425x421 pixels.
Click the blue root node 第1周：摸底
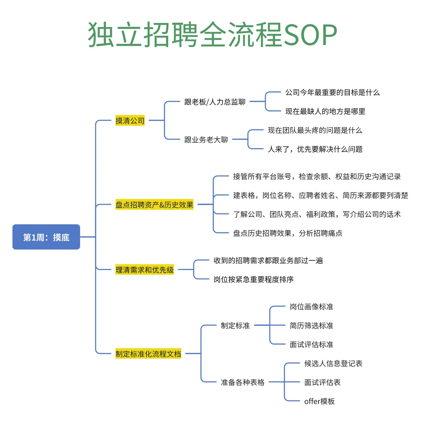pyautogui.click(x=46, y=237)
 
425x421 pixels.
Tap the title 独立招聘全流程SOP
pyautogui.click(x=212, y=35)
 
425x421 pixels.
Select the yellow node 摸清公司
pyautogui.click(x=130, y=120)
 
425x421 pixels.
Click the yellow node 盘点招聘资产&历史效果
pyautogui.click(x=154, y=204)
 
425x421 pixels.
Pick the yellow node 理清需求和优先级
pyautogui.click(x=145, y=269)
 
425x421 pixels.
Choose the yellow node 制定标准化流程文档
pyautogui.click(x=148, y=354)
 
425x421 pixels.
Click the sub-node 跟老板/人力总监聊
pyautogui.click(x=215, y=102)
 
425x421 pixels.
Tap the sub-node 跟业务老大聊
pyautogui.click(x=206, y=140)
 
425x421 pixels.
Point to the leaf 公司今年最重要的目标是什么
pyautogui.click(x=332, y=93)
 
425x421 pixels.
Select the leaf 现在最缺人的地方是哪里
pyautogui.click(x=325, y=111)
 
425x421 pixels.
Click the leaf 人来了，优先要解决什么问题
pyautogui.click(x=315, y=149)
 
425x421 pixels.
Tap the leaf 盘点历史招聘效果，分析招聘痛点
pyautogui.click(x=288, y=233)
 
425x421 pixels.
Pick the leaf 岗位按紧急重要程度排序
pyautogui.click(x=254, y=279)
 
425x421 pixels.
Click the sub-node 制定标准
pyautogui.click(x=235, y=325)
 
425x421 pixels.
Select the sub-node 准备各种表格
pyautogui.click(x=243, y=382)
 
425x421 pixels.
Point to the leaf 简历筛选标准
pyautogui.click(x=312, y=325)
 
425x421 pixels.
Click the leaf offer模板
pyautogui.click(x=319, y=401)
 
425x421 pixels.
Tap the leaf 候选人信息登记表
pyautogui.click(x=333, y=363)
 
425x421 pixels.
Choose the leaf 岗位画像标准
pyautogui.click(x=312, y=307)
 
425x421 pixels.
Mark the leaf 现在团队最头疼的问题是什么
pyautogui.click(x=315, y=130)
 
